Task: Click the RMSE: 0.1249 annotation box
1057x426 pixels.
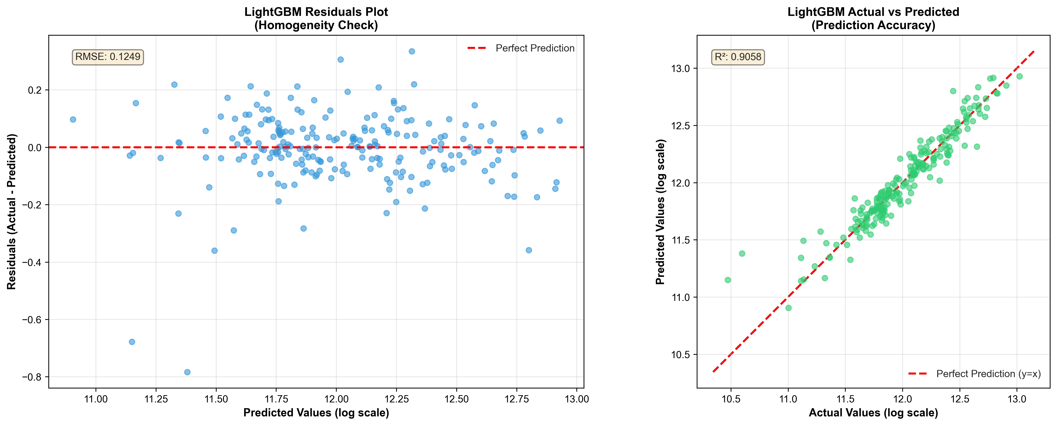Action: click(108, 57)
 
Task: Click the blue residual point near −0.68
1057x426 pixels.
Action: click(132, 342)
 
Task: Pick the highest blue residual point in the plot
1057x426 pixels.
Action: click(412, 51)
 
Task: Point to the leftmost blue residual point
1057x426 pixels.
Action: click(73, 119)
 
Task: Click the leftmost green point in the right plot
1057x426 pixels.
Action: click(728, 280)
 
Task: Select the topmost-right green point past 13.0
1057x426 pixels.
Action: click(1019, 76)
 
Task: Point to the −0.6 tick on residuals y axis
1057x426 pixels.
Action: click(34, 320)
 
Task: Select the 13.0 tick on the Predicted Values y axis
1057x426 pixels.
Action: click(680, 69)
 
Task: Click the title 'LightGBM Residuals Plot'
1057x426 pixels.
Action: click(316, 12)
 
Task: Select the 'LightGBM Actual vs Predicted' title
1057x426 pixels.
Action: click(873, 12)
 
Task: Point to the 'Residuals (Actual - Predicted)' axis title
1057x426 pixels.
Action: click(12, 211)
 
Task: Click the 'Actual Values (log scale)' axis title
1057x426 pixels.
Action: click(873, 413)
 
